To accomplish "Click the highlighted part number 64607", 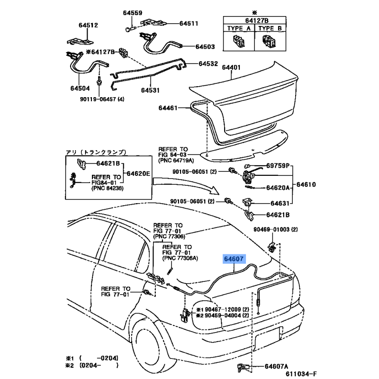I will [234, 260].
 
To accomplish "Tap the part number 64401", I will [230, 68].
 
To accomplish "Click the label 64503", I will [205, 46].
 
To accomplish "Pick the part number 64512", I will [88, 25].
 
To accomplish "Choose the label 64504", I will [80, 88].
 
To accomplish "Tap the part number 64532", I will [208, 63].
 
